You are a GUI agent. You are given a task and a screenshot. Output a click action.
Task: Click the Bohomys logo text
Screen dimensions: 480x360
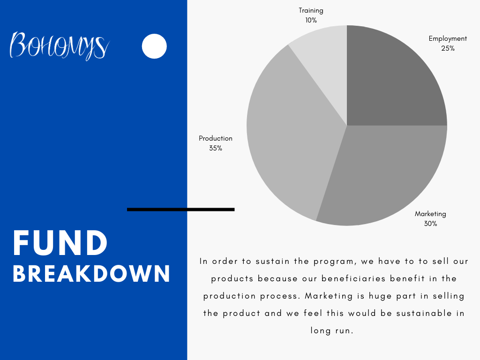pos(60,45)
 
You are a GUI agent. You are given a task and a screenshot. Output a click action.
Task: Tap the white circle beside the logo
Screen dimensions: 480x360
pos(154,46)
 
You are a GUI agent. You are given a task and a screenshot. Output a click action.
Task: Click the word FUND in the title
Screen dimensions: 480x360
pos(60,243)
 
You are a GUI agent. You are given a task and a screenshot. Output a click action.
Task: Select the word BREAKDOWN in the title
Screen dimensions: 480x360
pos(91,273)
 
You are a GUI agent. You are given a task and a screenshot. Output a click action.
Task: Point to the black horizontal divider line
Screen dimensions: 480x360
pos(180,210)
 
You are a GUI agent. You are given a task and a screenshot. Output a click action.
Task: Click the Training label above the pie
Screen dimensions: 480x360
pos(311,11)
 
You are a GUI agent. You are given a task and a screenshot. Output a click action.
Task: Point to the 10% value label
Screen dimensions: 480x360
pos(311,20)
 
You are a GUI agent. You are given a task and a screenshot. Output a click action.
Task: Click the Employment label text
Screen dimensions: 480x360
pos(448,39)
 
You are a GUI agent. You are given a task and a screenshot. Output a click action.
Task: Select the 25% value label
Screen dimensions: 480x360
pos(448,48)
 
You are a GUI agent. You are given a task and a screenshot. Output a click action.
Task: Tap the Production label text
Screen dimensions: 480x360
pos(216,138)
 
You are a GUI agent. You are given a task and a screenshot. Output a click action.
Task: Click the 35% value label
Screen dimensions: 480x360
pos(216,148)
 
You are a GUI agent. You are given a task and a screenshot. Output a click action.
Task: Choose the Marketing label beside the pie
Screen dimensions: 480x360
pos(430,214)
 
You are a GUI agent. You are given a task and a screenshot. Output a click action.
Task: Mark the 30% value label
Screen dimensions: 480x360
pos(430,224)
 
